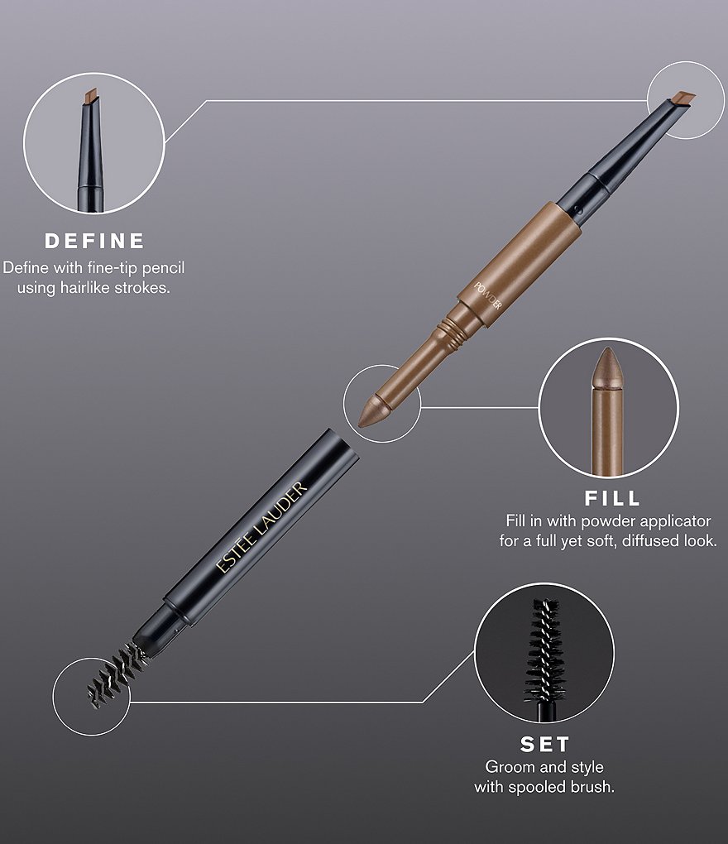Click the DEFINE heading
coord(94,241)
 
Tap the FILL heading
coord(612,498)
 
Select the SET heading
coord(544,745)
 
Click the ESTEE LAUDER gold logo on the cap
coord(261,527)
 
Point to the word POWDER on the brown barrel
coord(487,295)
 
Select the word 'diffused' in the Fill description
coord(649,540)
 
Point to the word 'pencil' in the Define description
coord(164,268)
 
